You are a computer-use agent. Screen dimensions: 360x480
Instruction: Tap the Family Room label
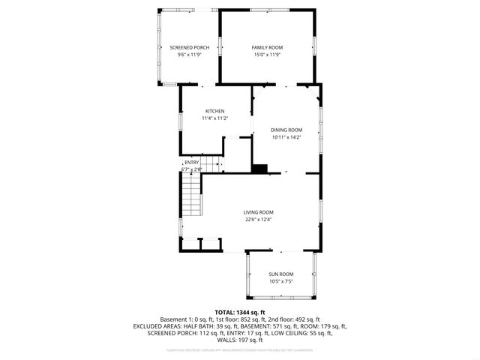[266, 47]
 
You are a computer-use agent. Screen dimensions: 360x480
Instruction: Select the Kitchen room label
[214, 111]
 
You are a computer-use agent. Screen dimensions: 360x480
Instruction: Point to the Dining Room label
[286, 130]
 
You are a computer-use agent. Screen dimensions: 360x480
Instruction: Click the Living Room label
[258, 212]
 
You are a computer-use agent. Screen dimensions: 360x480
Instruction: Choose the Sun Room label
[281, 274]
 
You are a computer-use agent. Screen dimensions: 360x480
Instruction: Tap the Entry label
[192, 163]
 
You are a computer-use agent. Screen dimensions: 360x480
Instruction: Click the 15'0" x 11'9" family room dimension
[266, 55]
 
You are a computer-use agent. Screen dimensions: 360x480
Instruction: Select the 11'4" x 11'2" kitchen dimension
[214, 118]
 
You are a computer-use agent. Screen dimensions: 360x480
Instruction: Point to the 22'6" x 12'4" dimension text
[258, 220]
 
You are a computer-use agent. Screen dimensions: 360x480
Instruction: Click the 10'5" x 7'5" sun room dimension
[281, 281]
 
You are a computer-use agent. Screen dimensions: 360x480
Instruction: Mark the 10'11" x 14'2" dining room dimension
[286, 137]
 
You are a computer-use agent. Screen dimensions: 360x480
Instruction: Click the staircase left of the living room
[192, 199]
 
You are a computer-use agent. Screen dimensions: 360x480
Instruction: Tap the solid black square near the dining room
[260, 169]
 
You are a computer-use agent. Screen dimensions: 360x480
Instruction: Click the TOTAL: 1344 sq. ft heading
[240, 312]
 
